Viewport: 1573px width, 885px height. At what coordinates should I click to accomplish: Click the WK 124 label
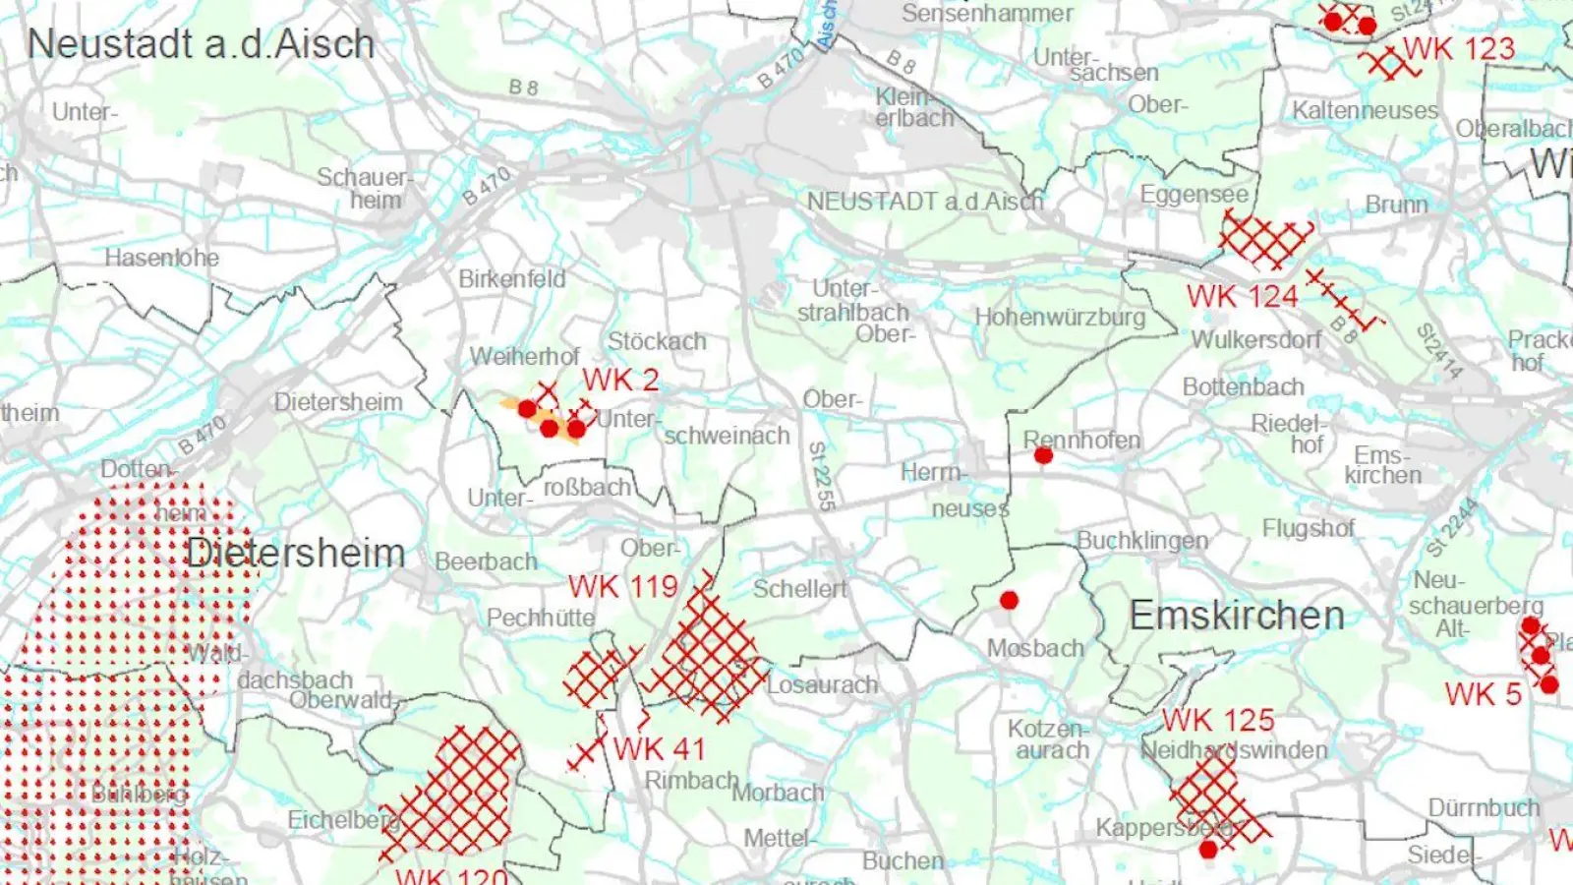click(1242, 296)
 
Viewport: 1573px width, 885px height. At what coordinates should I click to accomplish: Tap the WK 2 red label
click(620, 380)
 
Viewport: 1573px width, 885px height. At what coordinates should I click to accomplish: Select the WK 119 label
click(623, 587)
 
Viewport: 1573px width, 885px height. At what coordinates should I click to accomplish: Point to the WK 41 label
click(660, 748)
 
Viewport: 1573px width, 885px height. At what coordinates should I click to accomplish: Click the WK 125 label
click(1218, 720)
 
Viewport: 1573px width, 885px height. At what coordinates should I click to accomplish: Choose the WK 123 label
click(1459, 48)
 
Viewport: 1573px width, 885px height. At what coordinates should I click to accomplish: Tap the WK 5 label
click(1484, 694)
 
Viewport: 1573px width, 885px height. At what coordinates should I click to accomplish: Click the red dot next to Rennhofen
click(1043, 455)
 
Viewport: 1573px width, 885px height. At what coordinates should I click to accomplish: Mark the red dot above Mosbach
click(1009, 600)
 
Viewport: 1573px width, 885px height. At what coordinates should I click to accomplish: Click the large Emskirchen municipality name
click(1237, 616)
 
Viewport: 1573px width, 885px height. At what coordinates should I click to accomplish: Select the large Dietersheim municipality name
click(295, 553)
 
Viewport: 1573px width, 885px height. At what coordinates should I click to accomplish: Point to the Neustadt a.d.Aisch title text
click(202, 44)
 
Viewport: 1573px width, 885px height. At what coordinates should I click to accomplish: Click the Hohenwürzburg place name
click(1060, 318)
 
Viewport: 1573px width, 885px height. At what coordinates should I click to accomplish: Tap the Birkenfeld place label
click(512, 279)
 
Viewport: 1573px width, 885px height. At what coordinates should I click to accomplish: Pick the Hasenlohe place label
click(162, 258)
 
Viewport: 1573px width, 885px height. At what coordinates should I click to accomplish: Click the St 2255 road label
click(822, 476)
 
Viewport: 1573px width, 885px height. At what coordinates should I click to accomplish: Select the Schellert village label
click(799, 589)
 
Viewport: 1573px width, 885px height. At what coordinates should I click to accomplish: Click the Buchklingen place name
click(1142, 541)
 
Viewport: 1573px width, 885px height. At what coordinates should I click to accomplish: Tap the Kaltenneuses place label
click(1365, 110)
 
